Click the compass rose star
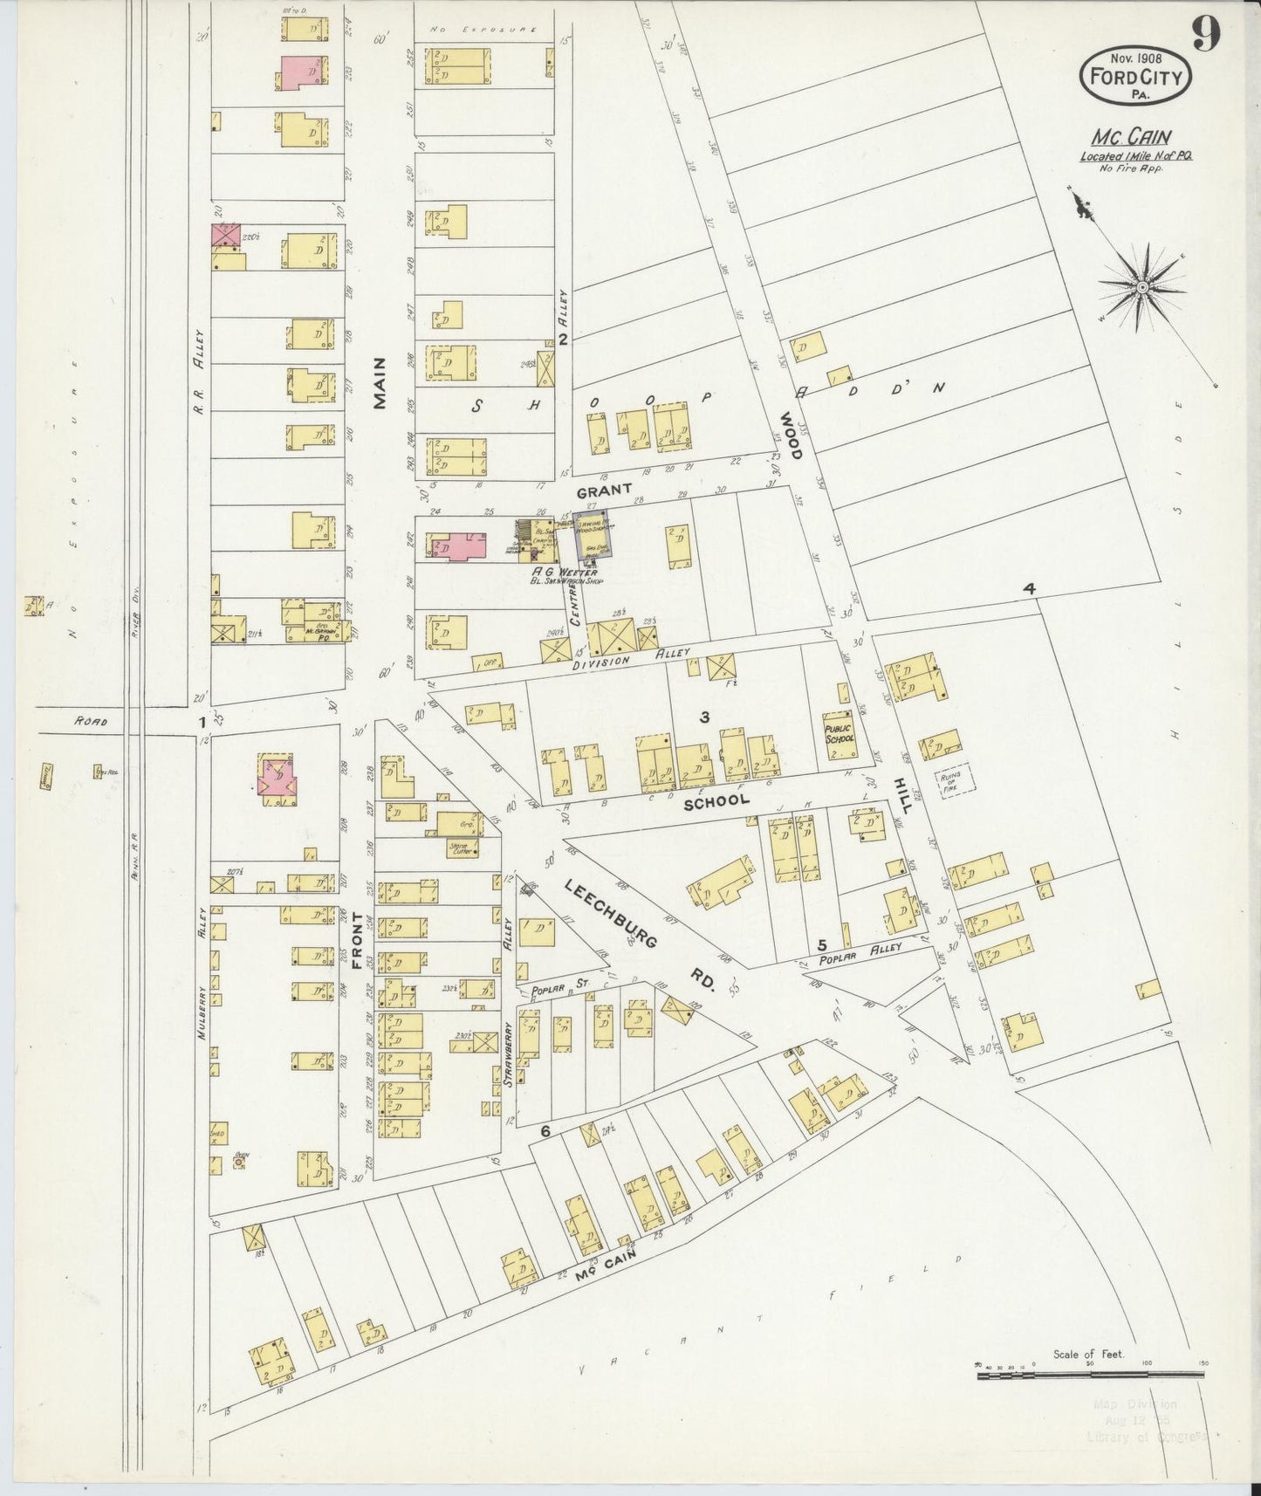[x=1141, y=286]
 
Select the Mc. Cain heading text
[x=1130, y=137]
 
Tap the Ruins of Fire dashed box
[x=955, y=782]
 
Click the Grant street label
[x=602, y=491]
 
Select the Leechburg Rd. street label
[x=641, y=936]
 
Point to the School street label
[x=716, y=800]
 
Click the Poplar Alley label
[x=854, y=955]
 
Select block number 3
[x=704, y=717]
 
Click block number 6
[x=545, y=1132]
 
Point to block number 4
[x=1030, y=590]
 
